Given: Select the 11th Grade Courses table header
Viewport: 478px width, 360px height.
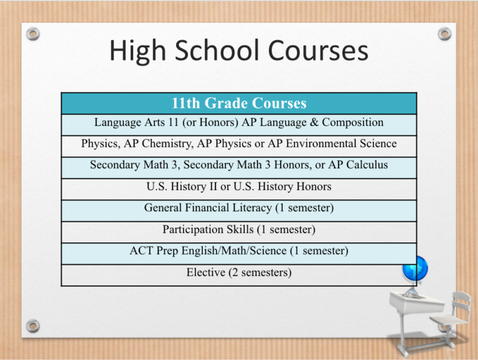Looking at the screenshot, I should coord(239,103).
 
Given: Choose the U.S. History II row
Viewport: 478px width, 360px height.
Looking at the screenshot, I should coord(239,187).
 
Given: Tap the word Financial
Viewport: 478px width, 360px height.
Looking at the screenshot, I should coord(227,208).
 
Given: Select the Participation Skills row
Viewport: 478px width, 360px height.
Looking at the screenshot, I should coord(239,230).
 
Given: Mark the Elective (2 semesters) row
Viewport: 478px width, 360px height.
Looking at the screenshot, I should coord(239,272).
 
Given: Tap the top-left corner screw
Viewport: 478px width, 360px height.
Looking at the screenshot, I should coord(35,33).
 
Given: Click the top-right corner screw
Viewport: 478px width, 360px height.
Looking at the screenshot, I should coord(444,33).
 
